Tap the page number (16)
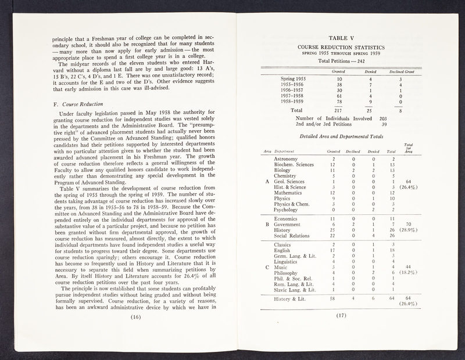[137, 317]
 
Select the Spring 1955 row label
[294, 78]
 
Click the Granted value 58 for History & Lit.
[332, 298]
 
